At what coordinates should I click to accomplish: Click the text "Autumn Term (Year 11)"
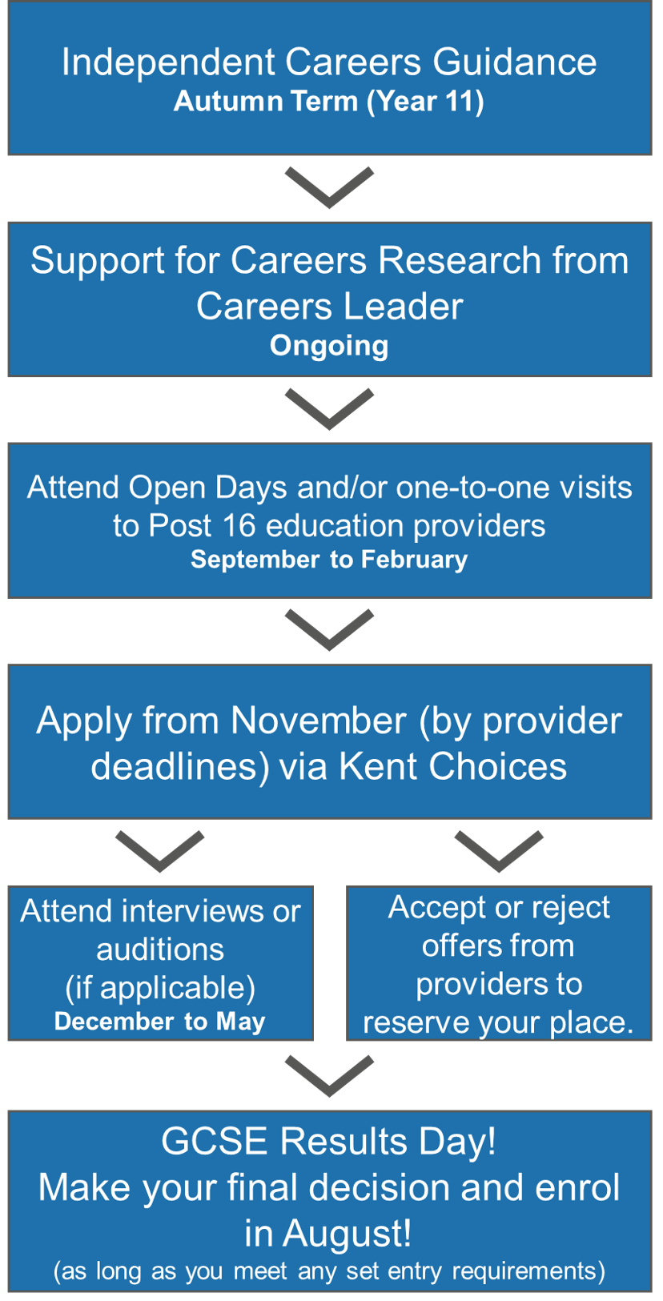329,102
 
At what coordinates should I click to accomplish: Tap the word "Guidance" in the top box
515,62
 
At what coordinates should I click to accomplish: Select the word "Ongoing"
329,347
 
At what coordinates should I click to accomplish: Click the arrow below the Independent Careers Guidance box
329,187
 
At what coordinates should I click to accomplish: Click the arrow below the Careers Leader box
329,409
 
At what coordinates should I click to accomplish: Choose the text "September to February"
329,560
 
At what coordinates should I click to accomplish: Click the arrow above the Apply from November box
329,630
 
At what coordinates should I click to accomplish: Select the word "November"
319,721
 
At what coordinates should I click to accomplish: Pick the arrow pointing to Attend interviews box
160,852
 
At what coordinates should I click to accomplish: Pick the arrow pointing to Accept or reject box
499,852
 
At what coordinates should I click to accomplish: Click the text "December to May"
160,1022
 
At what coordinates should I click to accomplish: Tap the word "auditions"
160,950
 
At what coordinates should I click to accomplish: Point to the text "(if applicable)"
160,988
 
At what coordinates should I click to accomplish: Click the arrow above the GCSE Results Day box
329,1076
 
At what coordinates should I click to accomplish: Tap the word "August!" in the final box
348,1235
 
